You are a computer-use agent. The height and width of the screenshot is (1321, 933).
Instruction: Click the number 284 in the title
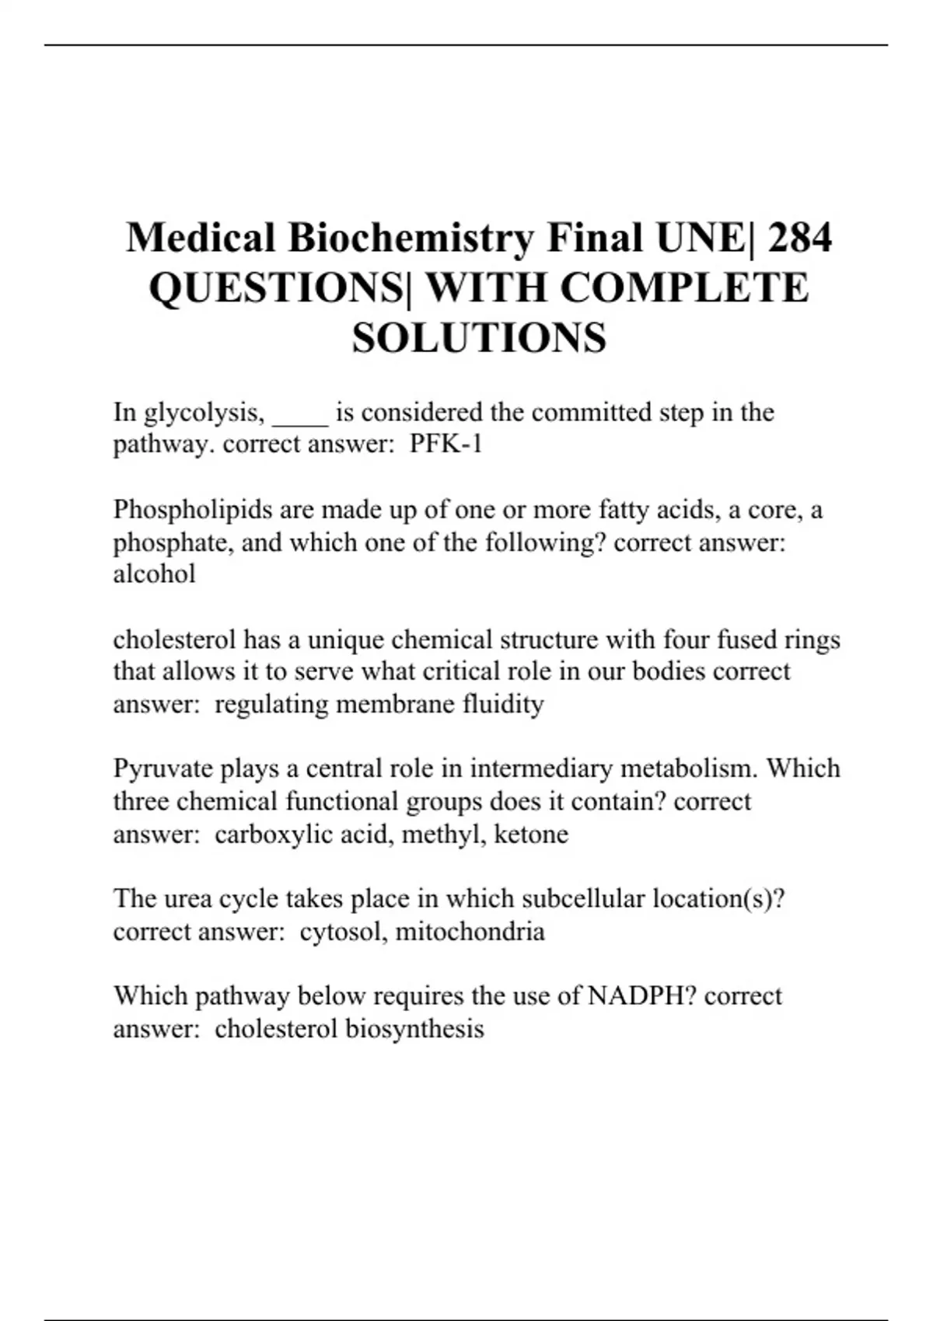point(798,238)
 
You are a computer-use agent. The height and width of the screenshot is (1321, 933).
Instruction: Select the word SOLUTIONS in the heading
point(479,338)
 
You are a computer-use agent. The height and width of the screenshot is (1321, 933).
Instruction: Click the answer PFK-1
point(446,444)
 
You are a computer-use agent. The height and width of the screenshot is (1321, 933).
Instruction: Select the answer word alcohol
point(154,574)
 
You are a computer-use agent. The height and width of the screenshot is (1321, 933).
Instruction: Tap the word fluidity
point(503,704)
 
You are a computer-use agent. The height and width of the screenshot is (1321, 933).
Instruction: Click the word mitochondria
point(470,931)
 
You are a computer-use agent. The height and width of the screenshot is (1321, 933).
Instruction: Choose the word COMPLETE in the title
point(684,288)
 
